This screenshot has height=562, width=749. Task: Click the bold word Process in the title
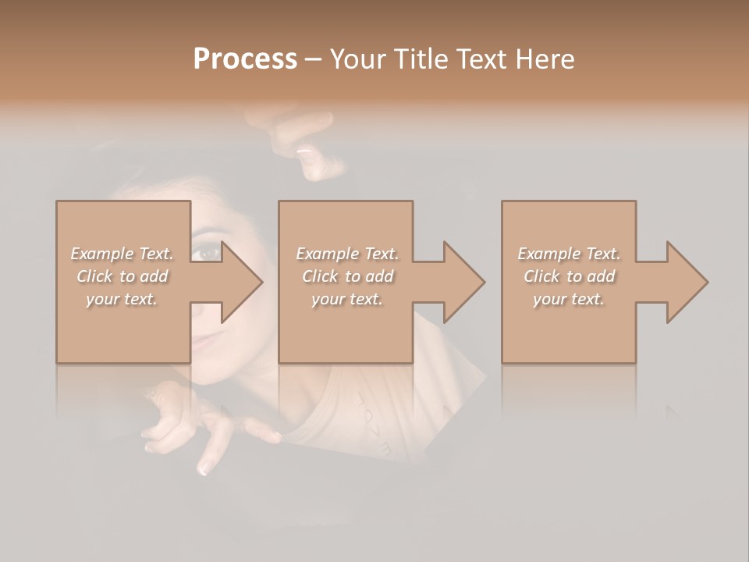coord(245,59)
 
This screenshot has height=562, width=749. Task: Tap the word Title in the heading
coord(419,59)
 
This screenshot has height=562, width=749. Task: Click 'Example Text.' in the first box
coord(122,254)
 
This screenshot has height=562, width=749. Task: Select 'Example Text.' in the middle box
coord(346,254)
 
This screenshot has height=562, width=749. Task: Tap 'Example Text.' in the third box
coord(569,254)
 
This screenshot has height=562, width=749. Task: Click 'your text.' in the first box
coord(122,299)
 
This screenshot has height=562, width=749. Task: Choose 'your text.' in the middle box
coord(346,299)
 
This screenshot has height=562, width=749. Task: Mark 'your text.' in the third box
coord(569,299)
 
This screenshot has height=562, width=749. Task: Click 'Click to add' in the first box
coord(122,276)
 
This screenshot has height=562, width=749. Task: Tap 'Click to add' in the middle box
coord(346,276)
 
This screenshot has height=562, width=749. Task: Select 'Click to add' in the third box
coord(569,276)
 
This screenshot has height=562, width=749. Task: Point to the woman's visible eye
coord(206,251)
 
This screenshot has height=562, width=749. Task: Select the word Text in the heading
coord(481,59)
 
